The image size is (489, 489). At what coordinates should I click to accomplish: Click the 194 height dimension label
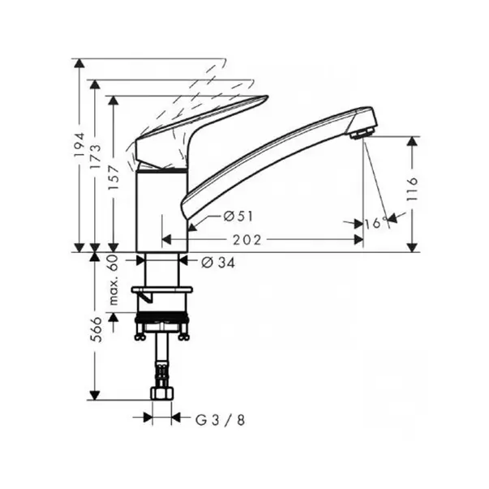point(79,144)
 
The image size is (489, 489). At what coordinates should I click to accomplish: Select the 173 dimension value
point(96,157)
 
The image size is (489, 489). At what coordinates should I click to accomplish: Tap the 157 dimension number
point(114,178)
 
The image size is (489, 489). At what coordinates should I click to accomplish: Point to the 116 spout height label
point(412,190)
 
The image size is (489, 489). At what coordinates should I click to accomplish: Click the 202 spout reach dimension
point(247,240)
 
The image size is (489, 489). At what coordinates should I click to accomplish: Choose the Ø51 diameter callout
point(238,217)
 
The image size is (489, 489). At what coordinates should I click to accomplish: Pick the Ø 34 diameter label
point(218,263)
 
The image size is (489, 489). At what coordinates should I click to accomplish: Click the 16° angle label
point(377,223)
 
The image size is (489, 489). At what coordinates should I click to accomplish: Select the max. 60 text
point(114,280)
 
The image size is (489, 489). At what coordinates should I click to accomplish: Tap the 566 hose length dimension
point(97,329)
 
